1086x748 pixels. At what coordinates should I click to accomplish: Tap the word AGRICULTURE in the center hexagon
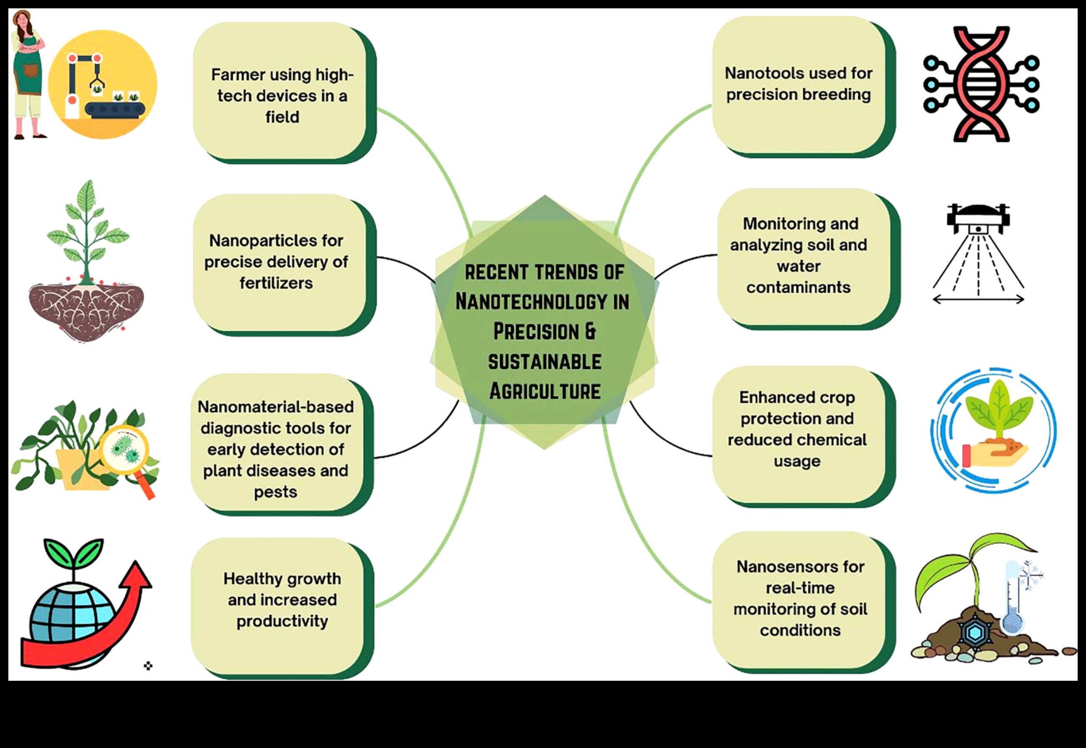click(x=544, y=391)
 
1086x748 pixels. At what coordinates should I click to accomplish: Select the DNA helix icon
click(x=981, y=84)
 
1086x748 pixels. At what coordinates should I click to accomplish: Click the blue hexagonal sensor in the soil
click(x=976, y=633)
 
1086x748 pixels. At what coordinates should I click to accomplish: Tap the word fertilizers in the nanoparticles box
click(x=276, y=283)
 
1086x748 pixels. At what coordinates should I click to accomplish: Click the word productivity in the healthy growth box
click(x=282, y=621)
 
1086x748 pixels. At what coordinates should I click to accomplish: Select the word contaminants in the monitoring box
click(x=798, y=287)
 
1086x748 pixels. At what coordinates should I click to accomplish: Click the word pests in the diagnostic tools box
click(x=275, y=492)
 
